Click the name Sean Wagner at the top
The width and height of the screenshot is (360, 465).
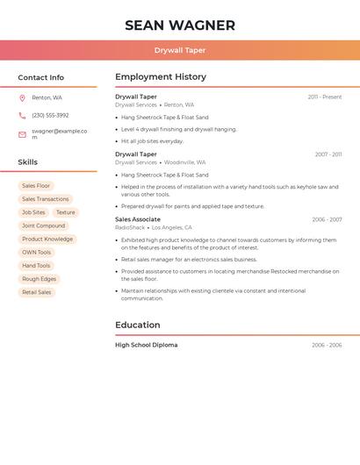coord(180,25)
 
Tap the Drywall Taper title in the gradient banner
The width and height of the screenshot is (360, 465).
coord(180,50)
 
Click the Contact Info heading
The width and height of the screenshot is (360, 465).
coord(41,77)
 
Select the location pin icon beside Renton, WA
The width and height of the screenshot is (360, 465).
coord(22,97)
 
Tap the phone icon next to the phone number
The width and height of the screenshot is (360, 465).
coord(22,115)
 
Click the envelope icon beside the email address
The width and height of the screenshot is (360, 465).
coord(22,134)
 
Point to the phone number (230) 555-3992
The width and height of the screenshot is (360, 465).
coord(50,115)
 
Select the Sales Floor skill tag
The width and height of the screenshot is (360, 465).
coord(36,186)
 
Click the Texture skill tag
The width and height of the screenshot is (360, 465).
coord(66,212)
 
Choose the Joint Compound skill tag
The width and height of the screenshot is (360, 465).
coord(44,225)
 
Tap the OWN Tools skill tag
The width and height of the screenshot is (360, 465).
coord(37,252)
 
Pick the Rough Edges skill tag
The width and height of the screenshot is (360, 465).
coord(39,279)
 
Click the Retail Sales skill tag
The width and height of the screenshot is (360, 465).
coord(37,292)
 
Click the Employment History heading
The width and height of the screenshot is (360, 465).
coord(161,77)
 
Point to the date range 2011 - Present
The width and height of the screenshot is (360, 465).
coord(324,97)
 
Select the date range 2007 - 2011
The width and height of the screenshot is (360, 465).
coord(328,154)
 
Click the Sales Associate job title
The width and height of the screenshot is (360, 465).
coord(138,219)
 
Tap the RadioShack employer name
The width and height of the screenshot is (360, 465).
coord(129,227)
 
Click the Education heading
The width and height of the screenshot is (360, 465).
coord(138,325)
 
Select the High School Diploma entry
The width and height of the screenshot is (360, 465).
coord(147,345)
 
